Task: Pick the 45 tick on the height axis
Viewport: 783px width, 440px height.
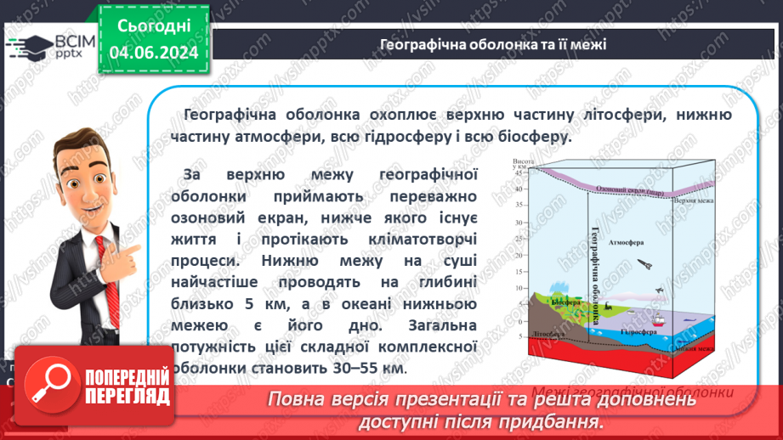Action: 520,173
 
